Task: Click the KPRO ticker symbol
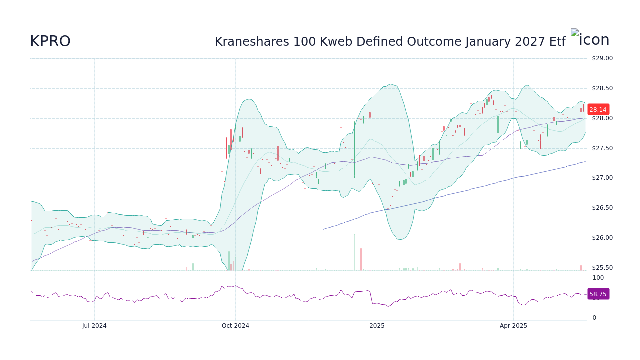click(x=50, y=41)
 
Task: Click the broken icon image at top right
click(x=590, y=40)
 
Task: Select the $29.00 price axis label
click(x=602, y=58)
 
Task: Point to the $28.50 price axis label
click(x=602, y=88)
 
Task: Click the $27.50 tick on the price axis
click(x=602, y=148)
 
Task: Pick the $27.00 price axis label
click(x=602, y=178)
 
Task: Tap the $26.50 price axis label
click(x=602, y=208)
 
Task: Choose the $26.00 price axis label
click(x=602, y=238)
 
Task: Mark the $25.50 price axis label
click(x=602, y=268)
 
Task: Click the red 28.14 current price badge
click(x=597, y=109)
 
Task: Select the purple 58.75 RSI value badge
click(x=597, y=294)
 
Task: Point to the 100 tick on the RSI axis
click(x=598, y=278)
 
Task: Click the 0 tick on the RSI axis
click(x=594, y=318)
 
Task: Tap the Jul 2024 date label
click(x=94, y=326)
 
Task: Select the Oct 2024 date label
click(x=235, y=326)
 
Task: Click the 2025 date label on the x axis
click(x=377, y=326)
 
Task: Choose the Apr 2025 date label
click(x=513, y=326)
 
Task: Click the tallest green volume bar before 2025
click(x=354, y=252)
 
